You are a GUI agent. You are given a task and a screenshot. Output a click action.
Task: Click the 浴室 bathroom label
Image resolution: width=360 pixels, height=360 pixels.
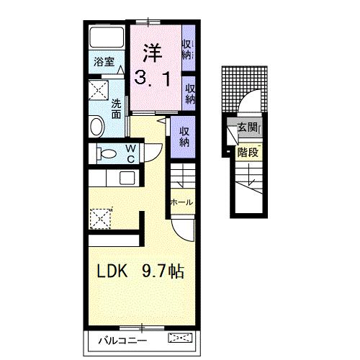[x=104, y=62]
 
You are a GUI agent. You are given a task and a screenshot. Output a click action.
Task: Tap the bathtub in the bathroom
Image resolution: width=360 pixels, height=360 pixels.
[x=107, y=37]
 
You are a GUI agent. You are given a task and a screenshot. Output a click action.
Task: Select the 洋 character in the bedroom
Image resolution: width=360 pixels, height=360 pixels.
[x=152, y=53]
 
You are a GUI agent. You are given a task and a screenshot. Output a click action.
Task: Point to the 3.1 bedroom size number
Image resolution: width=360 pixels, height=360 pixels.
[x=153, y=78]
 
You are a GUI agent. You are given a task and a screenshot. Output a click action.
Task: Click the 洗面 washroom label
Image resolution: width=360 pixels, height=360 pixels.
[x=116, y=109]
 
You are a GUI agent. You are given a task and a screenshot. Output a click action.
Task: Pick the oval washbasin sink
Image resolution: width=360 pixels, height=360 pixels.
[x=97, y=126]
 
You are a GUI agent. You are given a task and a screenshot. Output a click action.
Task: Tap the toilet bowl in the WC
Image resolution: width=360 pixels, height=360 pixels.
[x=107, y=153]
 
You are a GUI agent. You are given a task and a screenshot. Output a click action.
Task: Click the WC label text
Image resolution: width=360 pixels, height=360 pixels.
[x=130, y=153]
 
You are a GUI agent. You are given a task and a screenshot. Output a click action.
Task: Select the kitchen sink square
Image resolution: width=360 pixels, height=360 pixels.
[x=127, y=179]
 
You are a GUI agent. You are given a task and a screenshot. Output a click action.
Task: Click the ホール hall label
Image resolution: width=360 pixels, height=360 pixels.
[x=181, y=202]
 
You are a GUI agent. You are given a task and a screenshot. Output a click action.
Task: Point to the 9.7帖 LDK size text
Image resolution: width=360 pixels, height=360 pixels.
[x=163, y=271]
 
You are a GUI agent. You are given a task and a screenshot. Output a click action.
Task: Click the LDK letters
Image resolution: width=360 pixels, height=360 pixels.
[x=112, y=271]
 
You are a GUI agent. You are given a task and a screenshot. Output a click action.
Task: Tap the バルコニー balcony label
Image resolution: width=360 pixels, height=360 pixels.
[x=122, y=341]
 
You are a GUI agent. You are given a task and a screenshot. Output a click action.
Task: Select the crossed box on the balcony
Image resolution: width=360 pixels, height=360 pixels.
[x=180, y=338]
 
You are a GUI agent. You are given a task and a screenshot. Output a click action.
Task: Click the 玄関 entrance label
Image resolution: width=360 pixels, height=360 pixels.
[x=247, y=127]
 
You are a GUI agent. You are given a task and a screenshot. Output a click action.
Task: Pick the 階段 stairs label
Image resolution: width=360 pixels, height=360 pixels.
[x=248, y=152]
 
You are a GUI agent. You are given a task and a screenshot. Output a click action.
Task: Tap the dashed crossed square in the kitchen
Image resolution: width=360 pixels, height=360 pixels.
[x=100, y=219]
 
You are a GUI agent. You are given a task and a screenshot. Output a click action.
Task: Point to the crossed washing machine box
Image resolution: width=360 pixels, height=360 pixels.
[x=99, y=90]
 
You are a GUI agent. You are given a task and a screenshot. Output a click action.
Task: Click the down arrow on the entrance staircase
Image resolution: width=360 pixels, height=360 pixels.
[x=250, y=174]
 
